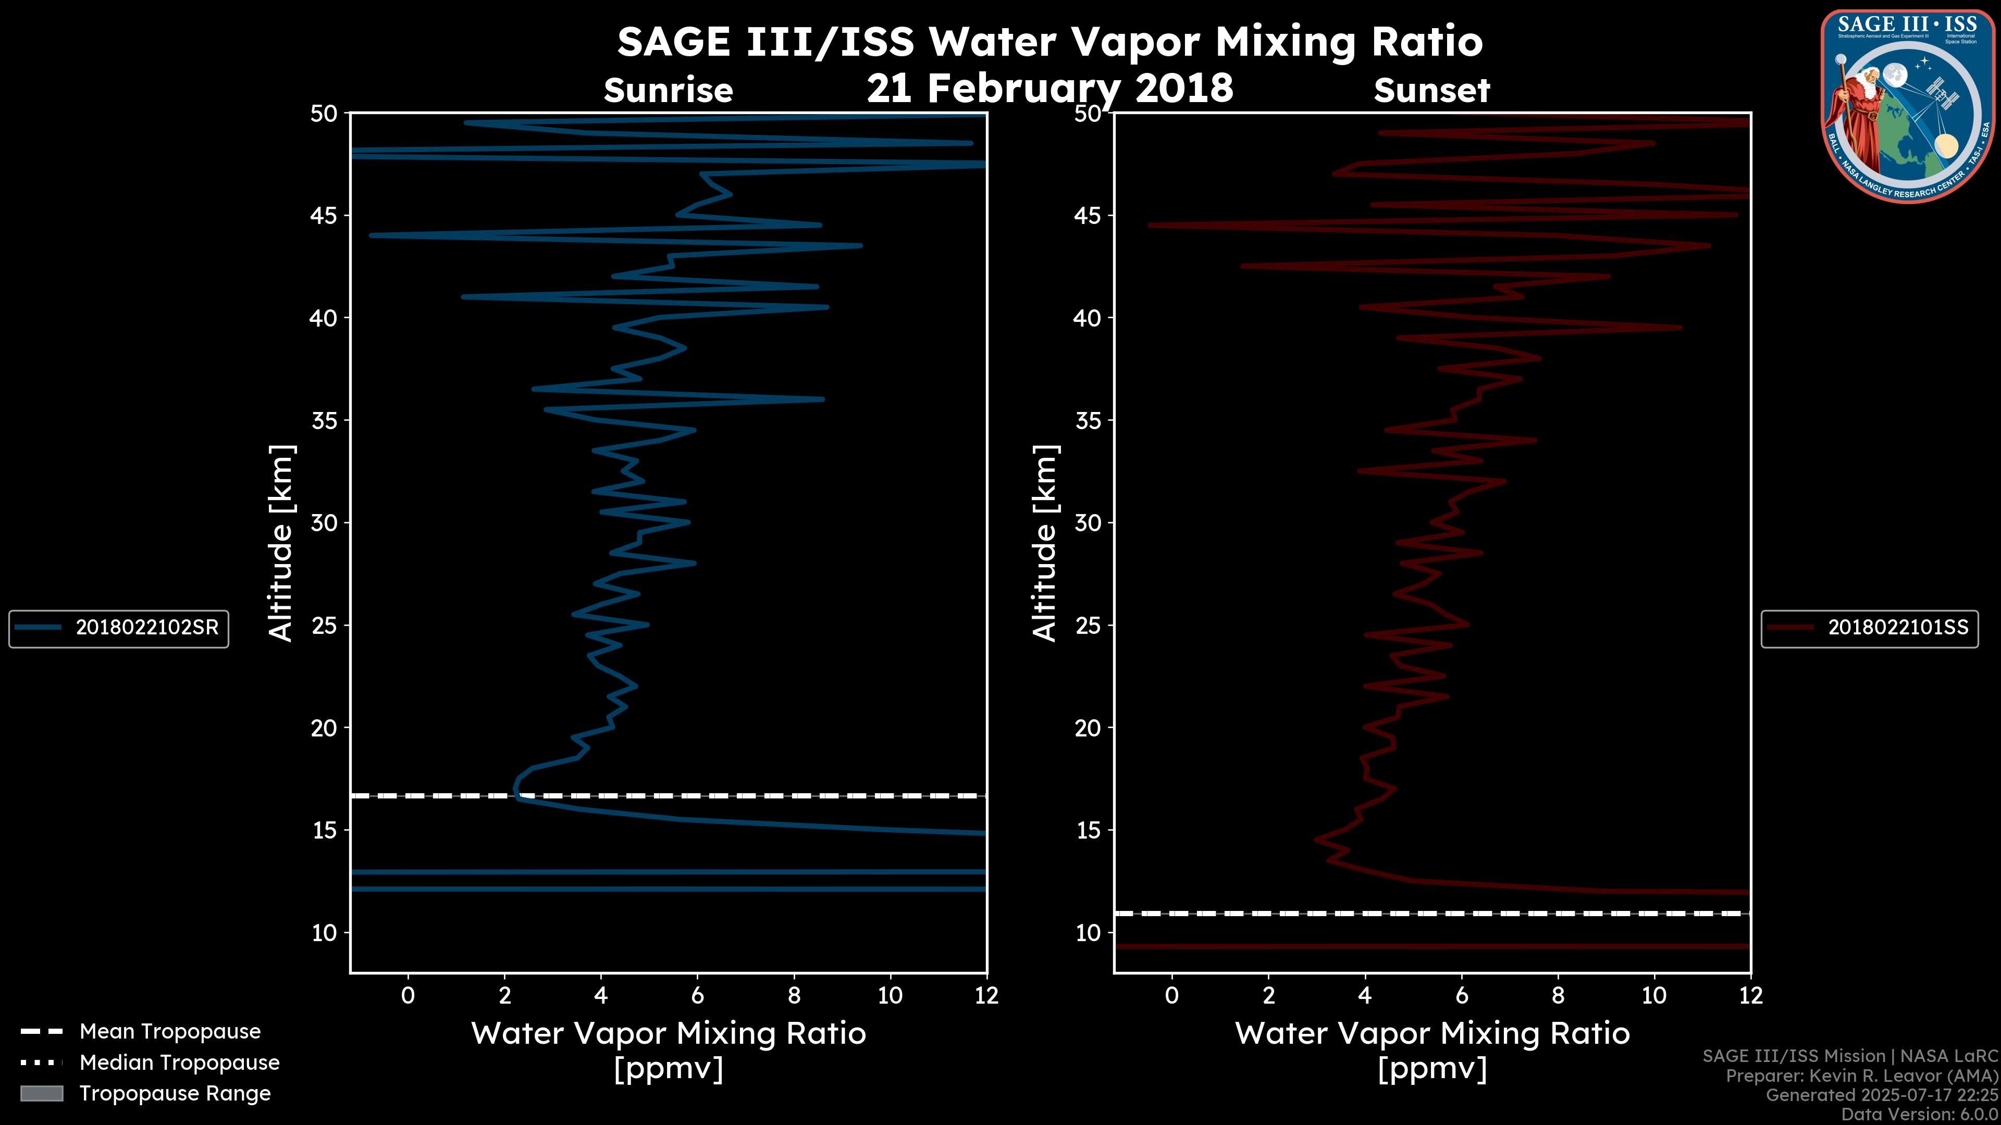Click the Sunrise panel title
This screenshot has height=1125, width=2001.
pos(668,91)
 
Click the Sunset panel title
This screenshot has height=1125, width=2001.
pos(1431,91)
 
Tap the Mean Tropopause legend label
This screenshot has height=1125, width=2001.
pos(170,1032)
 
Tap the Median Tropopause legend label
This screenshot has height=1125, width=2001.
pos(179,1063)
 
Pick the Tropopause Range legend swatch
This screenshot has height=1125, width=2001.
pos(42,1094)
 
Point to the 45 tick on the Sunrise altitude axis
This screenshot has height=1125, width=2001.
pos(325,216)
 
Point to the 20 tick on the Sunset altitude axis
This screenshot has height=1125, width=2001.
pos(1088,728)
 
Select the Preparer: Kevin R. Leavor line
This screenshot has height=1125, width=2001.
pos(1861,1076)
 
